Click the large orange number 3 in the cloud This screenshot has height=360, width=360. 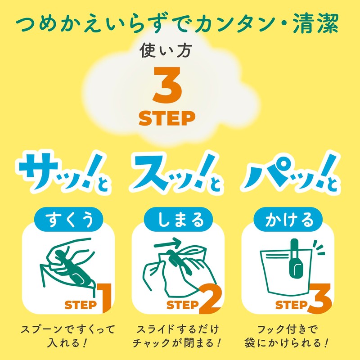click(167, 85)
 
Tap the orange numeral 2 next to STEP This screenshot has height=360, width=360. click(212, 298)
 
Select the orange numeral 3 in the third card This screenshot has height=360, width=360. click(320, 298)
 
